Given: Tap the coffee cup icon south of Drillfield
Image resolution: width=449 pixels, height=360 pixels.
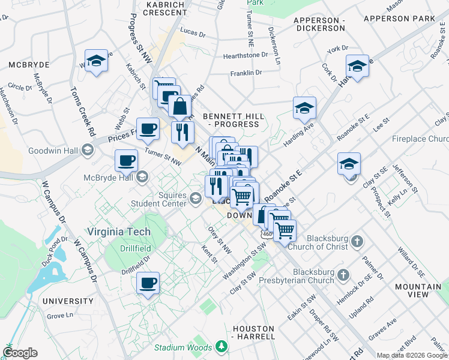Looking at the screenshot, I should [x=148, y=283].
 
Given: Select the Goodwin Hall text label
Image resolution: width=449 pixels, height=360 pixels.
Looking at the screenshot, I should [x=51, y=149].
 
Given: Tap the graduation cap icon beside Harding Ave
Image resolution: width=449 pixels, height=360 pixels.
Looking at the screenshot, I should [x=304, y=108].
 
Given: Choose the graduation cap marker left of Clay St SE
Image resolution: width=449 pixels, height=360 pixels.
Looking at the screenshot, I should [x=349, y=163].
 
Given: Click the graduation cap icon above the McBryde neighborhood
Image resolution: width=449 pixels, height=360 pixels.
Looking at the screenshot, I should [x=96, y=61].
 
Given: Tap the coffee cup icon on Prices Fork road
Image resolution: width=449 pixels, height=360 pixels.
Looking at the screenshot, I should [x=148, y=128].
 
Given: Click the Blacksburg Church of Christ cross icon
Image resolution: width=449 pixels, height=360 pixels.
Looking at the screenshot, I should [x=357, y=241].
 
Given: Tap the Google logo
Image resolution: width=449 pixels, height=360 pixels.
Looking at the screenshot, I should [x=20, y=353].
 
